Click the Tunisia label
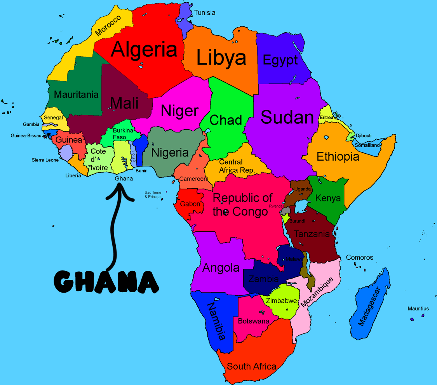[x=205, y=13]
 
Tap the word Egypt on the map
[x=280, y=60]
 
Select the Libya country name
[x=221, y=57]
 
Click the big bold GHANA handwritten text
[x=106, y=282]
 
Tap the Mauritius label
[x=418, y=309]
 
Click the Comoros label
[x=359, y=257]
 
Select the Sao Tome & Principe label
[x=153, y=194]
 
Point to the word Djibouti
[x=364, y=135]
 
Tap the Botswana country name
[x=254, y=321]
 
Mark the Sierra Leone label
[x=45, y=160]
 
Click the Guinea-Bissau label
[x=26, y=136]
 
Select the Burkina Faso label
[x=123, y=134]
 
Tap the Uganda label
[x=303, y=189]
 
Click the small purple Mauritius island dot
[x=412, y=319]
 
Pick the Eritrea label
[x=326, y=117]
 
